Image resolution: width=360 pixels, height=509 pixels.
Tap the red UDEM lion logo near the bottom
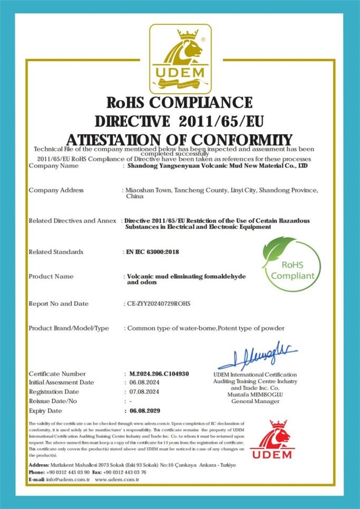271,440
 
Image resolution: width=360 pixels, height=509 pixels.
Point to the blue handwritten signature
258,354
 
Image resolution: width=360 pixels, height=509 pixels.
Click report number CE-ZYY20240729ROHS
159,304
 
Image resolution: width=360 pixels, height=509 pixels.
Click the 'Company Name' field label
54,166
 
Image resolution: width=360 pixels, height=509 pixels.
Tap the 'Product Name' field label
51,276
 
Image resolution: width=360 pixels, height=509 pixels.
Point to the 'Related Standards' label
56,252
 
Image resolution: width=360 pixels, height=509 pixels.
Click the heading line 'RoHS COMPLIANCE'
179,103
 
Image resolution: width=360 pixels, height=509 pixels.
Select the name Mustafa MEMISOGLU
255,394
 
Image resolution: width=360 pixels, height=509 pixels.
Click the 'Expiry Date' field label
45,411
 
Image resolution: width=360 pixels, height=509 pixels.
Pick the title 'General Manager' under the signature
255,401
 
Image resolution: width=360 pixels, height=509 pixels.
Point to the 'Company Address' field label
56,190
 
